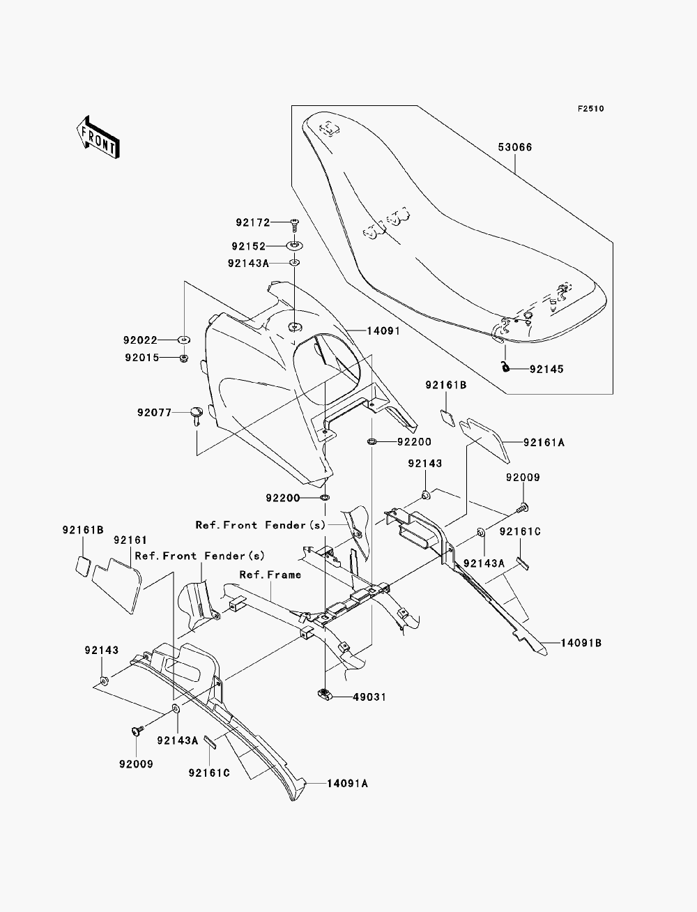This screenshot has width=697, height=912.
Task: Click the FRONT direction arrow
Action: click(x=98, y=137)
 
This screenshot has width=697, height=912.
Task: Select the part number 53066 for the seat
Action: click(x=515, y=147)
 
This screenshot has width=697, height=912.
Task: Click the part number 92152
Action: click(x=248, y=246)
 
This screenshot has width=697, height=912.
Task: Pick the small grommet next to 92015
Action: click(x=183, y=357)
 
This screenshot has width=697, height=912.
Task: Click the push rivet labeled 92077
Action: click(x=196, y=416)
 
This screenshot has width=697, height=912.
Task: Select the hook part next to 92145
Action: click(x=505, y=367)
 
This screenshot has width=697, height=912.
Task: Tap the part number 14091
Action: click(x=383, y=330)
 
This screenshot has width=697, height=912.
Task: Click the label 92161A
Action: click(x=544, y=443)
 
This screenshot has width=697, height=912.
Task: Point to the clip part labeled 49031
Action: click(x=323, y=694)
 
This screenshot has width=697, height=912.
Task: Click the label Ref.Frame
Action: click(x=270, y=575)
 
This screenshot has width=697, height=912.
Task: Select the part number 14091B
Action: click(x=581, y=643)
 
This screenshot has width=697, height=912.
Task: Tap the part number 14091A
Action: click(x=347, y=783)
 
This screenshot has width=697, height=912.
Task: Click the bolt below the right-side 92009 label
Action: click(x=523, y=507)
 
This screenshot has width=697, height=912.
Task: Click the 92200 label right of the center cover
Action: click(x=414, y=441)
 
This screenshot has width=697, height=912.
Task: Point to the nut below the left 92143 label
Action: click(x=105, y=681)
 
